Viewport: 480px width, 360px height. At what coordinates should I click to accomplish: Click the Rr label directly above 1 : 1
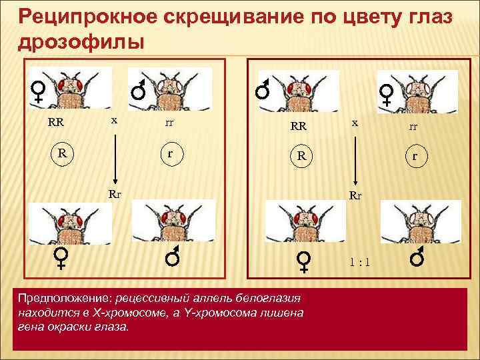(x=357, y=197)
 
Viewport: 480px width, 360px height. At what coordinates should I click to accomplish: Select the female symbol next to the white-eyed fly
(x=387, y=95)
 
